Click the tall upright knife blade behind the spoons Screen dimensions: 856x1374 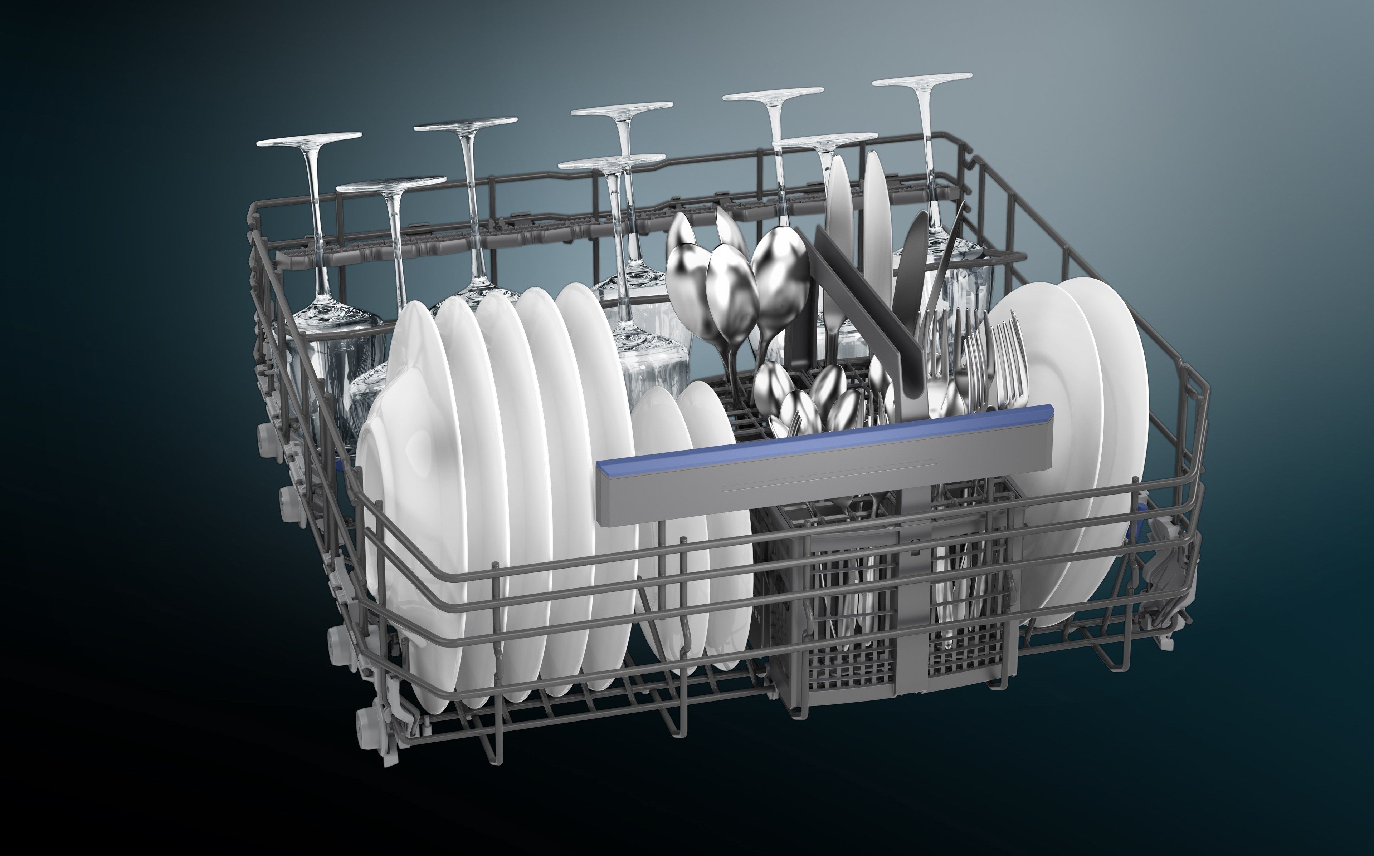(875, 215)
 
